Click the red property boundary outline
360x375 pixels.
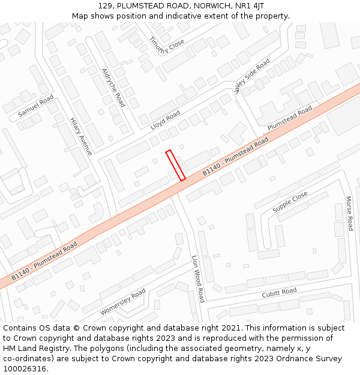pyautogui.click(x=175, y=165)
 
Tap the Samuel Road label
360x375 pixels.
pyautogui.click(x=35, y=106)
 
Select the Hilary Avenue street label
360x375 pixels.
pyautogui.click(x=81, y=136)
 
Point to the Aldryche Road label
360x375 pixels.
pyautogui.click(x=113, y=88)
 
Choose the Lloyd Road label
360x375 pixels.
pyautogui.click(x=166, y=119)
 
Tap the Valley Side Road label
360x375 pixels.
pyautogui.click(x=252, y=76)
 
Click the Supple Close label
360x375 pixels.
pyautogui.click(x=290, y=202)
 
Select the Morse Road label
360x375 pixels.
pyautogui.click(x=349, y=213)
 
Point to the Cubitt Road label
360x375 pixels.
pyautogui.click(x=279, y=293)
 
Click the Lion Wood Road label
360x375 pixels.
pyautogui.click(x=197, y=278)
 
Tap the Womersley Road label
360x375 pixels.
pyautogui.click(x=122, y=302)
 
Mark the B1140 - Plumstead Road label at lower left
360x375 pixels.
pyautogui.click(x=44, y=262)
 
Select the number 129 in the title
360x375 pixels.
pyautogui.click(x=106, y=6)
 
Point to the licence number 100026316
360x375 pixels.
pyautogui.click(x=25, y=368)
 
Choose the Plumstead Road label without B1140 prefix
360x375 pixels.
pyautogui.click(x=290, y=118)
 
